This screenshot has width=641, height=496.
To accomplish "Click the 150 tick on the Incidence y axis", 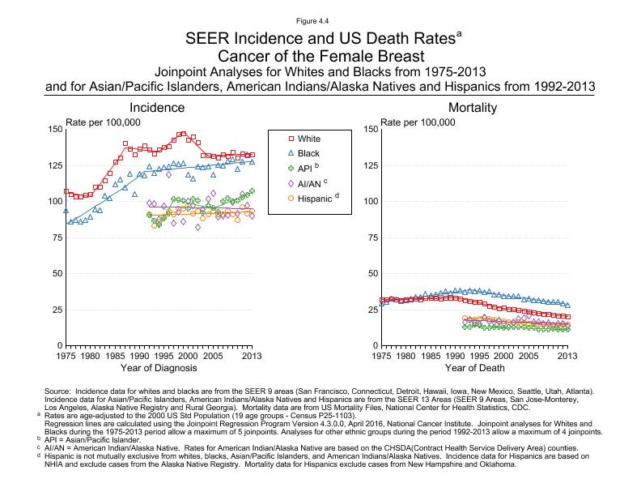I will [55, 130].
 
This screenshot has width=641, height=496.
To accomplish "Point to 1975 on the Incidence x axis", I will [66, 356].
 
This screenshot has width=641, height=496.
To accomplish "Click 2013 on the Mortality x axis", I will [567, 356].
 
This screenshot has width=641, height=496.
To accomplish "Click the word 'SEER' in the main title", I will [206, 38].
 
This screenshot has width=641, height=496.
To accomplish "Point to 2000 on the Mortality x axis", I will [503, 356].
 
